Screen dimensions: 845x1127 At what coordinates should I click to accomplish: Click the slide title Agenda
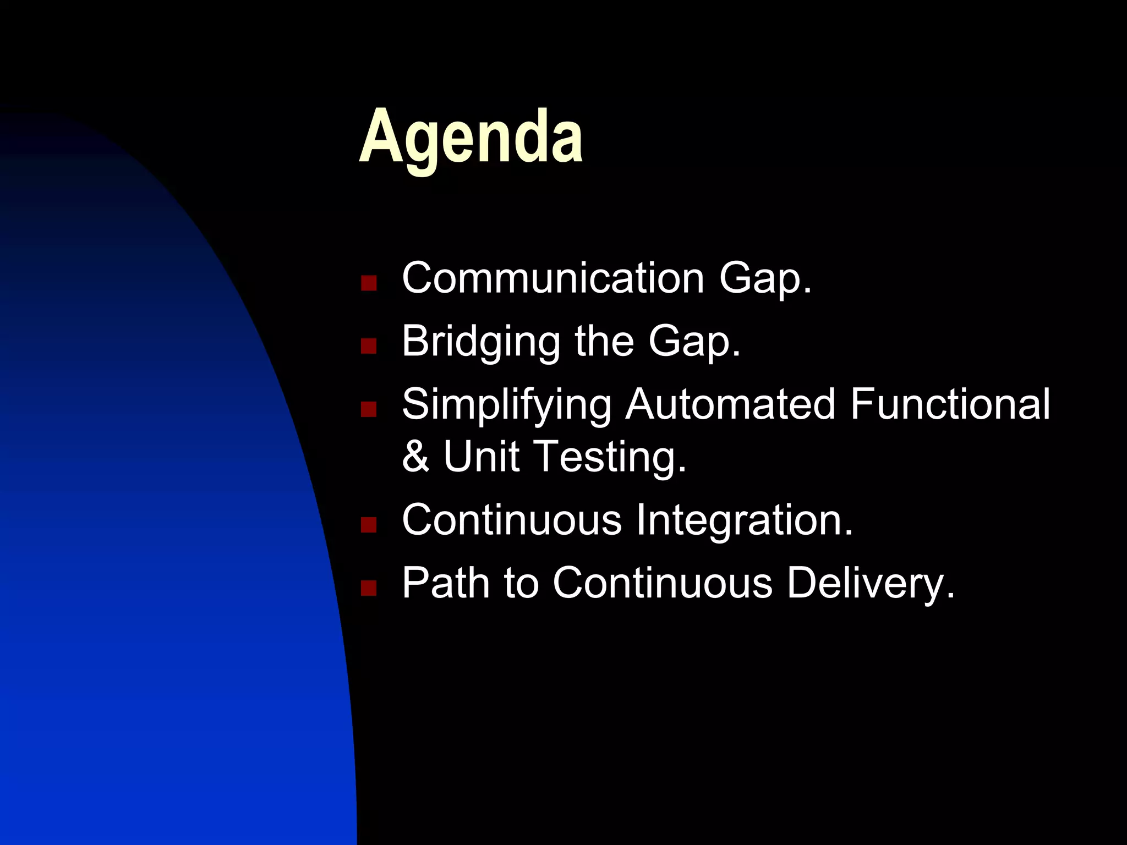471,138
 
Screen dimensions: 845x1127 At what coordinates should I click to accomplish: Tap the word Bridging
480,342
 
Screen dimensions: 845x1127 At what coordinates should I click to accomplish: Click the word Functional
950,404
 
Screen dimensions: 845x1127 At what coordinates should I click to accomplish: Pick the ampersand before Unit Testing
415,457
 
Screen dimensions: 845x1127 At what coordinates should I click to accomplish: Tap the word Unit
481,457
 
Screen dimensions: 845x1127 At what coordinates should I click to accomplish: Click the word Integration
744,520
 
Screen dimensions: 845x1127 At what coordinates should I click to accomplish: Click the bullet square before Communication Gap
368,283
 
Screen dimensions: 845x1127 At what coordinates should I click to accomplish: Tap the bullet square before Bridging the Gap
368,346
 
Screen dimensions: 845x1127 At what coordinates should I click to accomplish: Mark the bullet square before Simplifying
368,409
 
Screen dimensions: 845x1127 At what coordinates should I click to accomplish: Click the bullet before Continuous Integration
368,525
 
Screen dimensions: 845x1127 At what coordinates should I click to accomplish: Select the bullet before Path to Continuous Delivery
368,588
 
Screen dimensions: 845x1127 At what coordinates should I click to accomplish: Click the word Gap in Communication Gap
765,279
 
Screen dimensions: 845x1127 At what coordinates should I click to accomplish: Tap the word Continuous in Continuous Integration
512,520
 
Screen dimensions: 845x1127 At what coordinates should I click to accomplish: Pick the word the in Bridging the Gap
604,341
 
